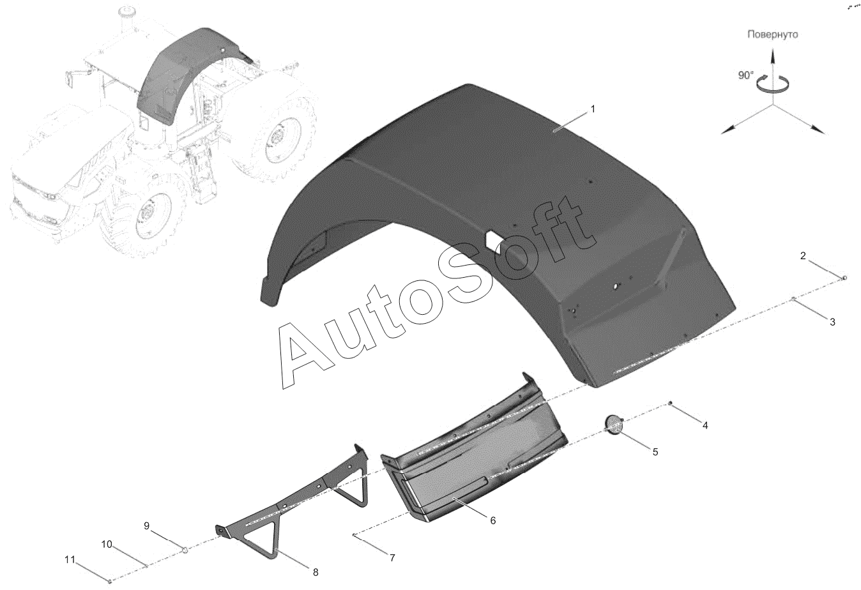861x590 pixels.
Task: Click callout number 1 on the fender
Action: (x=593, y=109)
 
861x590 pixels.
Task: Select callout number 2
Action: (x=803, y=255)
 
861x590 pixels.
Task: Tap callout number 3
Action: (x=832, y=322)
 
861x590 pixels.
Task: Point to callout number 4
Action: (x=705, y=425)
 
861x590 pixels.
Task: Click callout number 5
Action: (x=655, y=452)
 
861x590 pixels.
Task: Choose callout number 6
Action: (x=492, y=520)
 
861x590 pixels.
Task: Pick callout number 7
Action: (x=392, y=557)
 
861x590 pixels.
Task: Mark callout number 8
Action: (x=316, y=572)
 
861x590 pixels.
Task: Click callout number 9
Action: (x=146, y=526)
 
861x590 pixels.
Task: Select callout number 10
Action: (x=107, y=544)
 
